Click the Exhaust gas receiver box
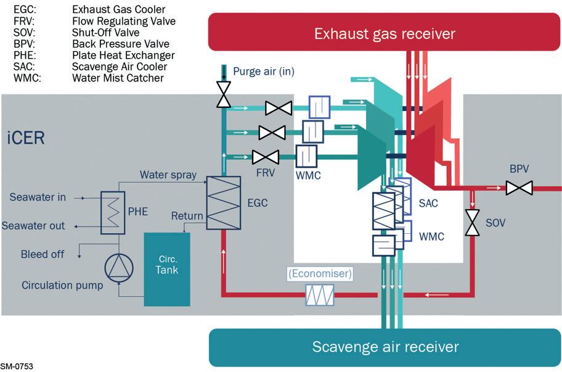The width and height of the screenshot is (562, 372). coord(385,32)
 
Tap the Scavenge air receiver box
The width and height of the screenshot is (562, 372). coord(385,347)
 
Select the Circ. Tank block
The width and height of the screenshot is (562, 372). coord(167,270)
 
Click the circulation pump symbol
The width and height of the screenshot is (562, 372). coord(119,268)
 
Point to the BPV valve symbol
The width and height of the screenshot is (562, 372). coord(519,188)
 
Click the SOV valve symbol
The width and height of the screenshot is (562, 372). coord(473,223)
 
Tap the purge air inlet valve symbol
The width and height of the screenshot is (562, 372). coord(224,94)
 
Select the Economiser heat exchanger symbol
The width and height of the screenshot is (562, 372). coord(320,295)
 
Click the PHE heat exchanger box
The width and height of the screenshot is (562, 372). coord(113,213)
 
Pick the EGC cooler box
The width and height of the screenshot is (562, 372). coord(223,203)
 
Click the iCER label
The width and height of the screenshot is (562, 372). coord(26,138)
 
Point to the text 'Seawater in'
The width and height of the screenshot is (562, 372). coord(38,197)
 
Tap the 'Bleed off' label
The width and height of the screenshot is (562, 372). coord(43,254)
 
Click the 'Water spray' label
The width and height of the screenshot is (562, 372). coord(168,175)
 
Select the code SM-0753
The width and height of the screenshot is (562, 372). coord(17,366)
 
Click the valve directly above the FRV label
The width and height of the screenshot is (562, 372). coord(266,157)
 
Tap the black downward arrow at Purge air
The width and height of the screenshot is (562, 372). coord(224,72)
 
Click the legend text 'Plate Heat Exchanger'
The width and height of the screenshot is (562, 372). coord(123,56)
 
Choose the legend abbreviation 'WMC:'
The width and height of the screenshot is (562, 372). coord(27,78)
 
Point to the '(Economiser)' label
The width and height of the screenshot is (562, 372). coord(320,274)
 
